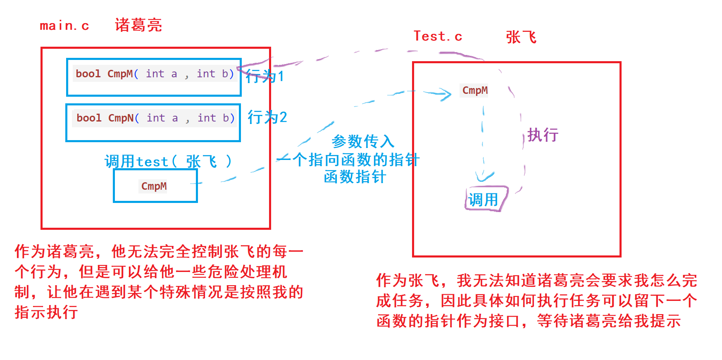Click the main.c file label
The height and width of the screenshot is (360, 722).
point(64,26)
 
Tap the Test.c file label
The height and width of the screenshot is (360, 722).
point(438,36)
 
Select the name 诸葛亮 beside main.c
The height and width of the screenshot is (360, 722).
point(138,25)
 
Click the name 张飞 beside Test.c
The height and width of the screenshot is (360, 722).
point(521,37)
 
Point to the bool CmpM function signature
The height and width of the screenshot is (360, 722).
point(155,74)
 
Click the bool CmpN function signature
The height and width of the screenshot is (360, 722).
point(155,118)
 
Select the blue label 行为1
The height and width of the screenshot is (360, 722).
point(265,76)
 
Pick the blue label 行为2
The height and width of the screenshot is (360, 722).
point(267,117)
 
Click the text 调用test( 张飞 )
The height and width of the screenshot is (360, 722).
point(168,161)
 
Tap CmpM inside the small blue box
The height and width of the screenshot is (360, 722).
point(154,186)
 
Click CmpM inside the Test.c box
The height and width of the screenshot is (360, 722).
point(475,90)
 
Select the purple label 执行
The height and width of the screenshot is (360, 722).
point(543,135)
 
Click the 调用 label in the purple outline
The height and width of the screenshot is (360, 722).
point(484,200)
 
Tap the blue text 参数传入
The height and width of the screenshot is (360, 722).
point(363,141)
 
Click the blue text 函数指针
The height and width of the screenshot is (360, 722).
point(355,176)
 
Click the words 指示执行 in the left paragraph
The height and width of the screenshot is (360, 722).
point(46,312)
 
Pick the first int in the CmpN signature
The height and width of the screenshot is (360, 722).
point(156,118)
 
